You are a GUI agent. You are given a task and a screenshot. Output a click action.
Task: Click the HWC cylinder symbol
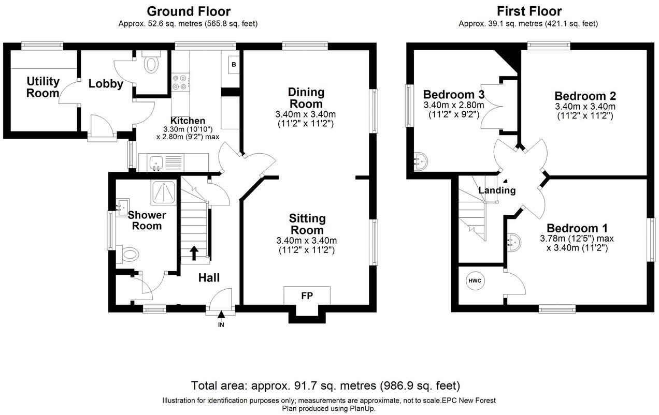pyautogui.click(x=475, y=281)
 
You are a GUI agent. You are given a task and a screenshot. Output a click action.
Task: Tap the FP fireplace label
pyautogui.click(x=307, y=296)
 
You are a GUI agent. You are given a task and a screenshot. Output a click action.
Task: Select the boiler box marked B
pyautogui.click(x=234, y=65)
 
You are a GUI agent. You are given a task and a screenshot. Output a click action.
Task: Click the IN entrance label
pyautogui.click(x=221, y=324)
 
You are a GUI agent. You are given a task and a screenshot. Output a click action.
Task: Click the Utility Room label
pyautogui.click(x=43, y=87)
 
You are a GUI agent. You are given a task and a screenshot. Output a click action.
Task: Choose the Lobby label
pyautogui.click(x=105, y=84)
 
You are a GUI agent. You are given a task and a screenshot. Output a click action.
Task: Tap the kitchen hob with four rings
pyautogui.click(x=180, y=82)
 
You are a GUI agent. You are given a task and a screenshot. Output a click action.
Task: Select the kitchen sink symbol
pyautogui.click(x=156, y=163)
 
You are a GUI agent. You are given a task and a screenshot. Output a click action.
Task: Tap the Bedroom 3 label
pyautogui.click(x=453, y=95)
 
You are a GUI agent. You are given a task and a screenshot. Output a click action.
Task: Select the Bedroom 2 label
pyautogui.click(x=584, y=96)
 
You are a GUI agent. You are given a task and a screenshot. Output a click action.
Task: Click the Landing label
pyautogui.click(x=497, y=190)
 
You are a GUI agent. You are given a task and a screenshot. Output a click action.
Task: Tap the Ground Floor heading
pyautogui.click(x=189, y=11)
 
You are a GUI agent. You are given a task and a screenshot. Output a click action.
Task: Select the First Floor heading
pyautogui.click(x=528, y=11)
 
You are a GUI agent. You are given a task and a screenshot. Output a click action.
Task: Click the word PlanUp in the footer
pyautogui.click(x=361, y=408)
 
